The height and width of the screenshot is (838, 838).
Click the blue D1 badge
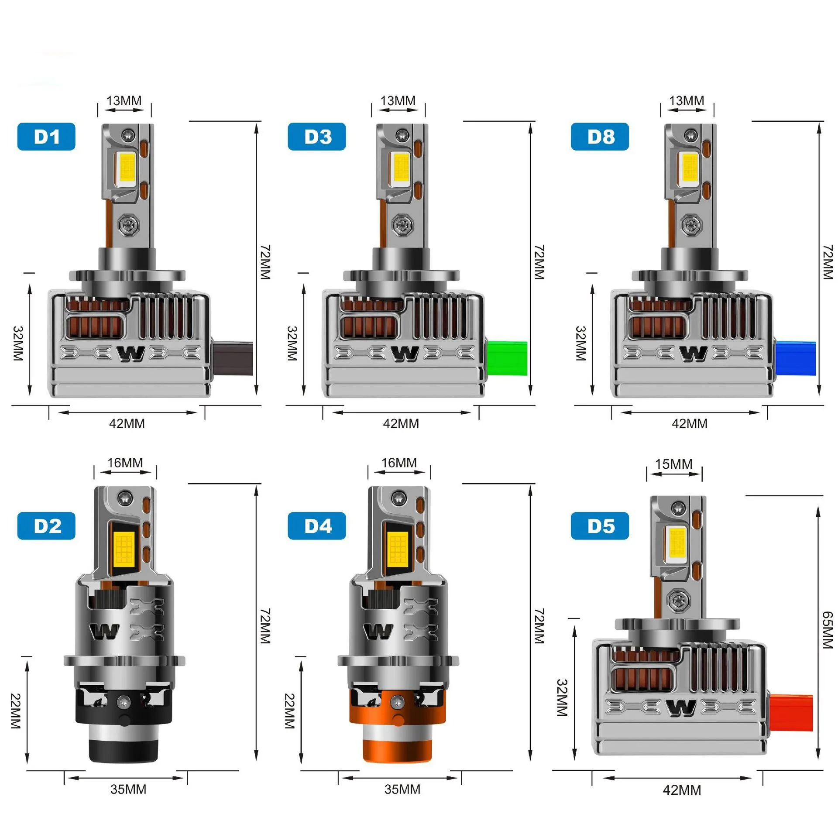(x=46, y=137)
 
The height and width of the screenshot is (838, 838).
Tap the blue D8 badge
(x=600, y=137)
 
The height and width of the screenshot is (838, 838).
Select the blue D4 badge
(x=316, y=525)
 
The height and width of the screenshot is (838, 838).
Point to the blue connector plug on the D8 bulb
(x=796, y=358)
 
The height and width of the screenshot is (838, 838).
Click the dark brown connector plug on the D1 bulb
(x=232, y=358)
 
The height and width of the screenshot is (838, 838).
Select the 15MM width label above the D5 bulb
(x=673, y=464)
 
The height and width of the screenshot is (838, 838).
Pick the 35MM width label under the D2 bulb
(x=128, y=789)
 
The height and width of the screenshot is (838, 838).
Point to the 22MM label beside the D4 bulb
(x=289, y=711)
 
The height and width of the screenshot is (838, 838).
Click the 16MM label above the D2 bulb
(x=125, y=463)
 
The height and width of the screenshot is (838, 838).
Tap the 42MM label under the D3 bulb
(x=401, y=423)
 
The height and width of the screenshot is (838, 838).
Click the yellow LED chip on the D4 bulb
(x=398, y=547)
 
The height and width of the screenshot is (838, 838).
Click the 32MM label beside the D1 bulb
(x=18, y=343)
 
